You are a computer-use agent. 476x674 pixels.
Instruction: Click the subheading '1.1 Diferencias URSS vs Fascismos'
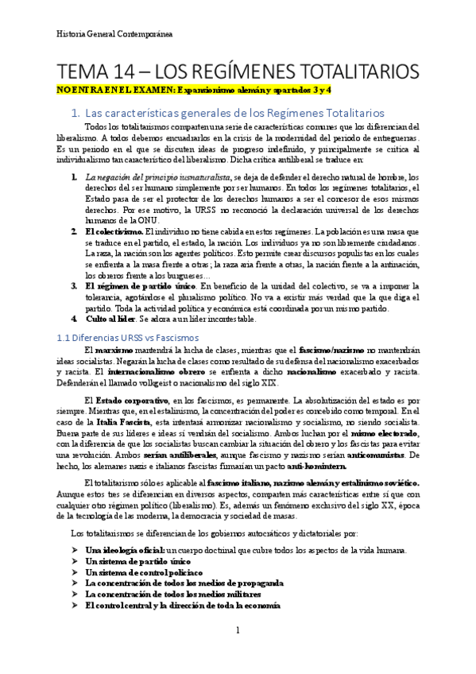click(x=127, y=337)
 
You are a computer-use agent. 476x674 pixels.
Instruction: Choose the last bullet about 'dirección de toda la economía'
click(x=182, y=605)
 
